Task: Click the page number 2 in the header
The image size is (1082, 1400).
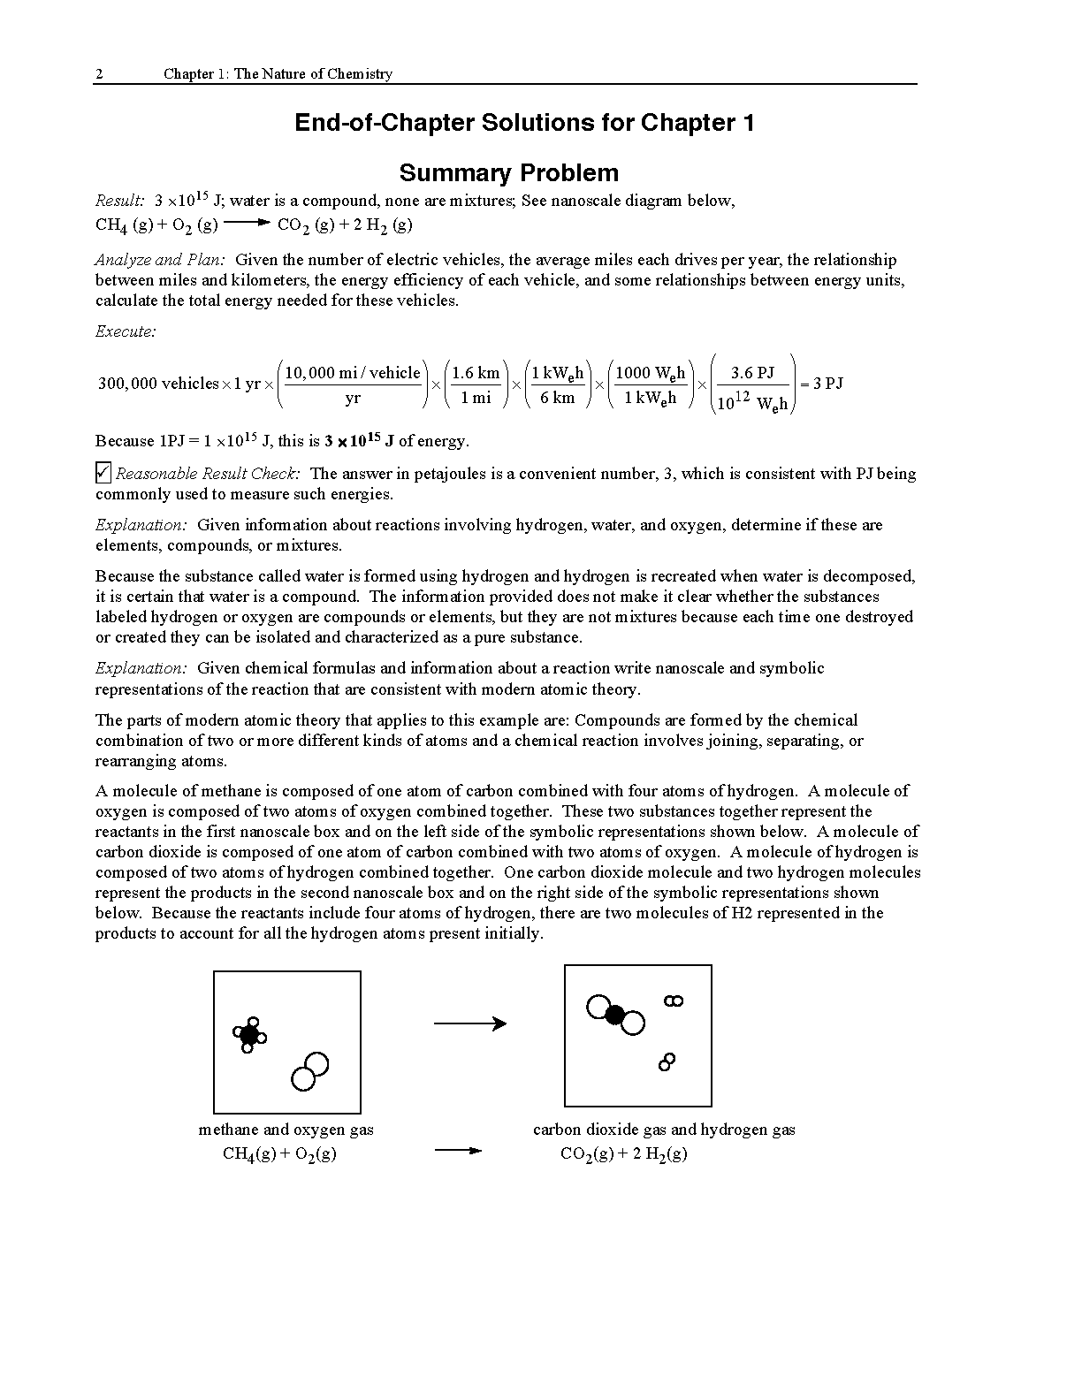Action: (99, 74)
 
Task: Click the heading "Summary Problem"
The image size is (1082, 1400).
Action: (508, 172)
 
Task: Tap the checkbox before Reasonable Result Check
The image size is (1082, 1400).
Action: (103, 473)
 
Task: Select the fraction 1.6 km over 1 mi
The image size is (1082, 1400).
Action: (476, 384)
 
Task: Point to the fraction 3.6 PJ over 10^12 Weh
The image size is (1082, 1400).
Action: (752, 385)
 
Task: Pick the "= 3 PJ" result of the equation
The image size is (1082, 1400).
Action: (821, 384)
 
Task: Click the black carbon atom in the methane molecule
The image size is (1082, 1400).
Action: (249, 1034)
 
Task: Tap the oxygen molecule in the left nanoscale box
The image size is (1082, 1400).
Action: (309, 1071)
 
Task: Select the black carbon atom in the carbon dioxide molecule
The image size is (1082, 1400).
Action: (615, 1015)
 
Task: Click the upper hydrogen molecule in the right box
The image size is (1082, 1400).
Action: (674, 1001)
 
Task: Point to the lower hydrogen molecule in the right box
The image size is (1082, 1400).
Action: (667, 1061)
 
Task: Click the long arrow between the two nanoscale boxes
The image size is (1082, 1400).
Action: (469, 1023)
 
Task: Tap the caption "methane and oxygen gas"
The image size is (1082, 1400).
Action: (286, 1130)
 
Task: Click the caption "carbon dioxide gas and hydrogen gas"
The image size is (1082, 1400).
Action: (664, 1130)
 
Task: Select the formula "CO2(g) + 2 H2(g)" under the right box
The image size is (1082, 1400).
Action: (623, 1153)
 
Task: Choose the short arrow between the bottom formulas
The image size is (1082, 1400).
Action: (459, 1151)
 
